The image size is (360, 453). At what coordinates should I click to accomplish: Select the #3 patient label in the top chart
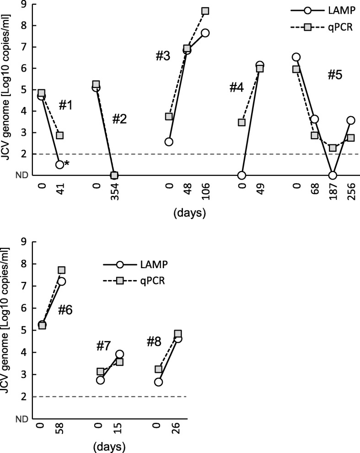(162, 56)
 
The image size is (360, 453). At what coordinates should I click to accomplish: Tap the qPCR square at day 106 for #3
(205, 11)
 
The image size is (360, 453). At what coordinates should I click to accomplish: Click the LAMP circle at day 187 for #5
(333, 175)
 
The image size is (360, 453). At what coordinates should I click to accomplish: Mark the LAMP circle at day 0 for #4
(242, 175)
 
